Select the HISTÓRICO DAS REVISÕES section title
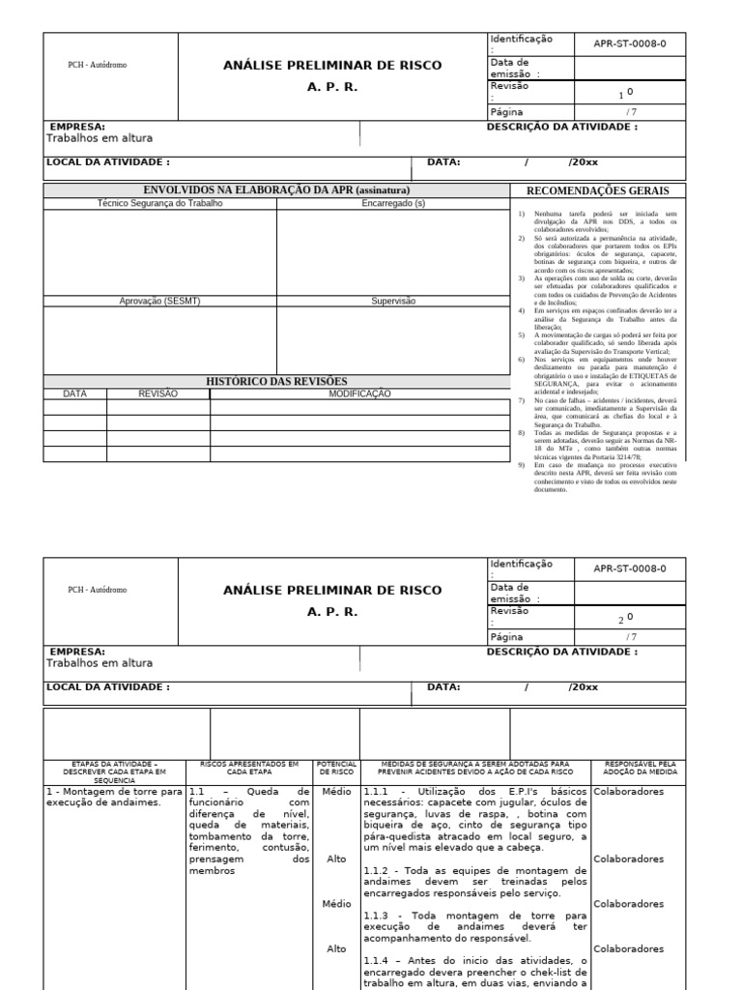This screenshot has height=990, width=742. (276, 382)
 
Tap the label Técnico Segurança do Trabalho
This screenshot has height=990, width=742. (159, 204)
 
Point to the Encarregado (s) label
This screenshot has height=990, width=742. (392, 204)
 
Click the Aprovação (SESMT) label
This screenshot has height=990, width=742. (159, 301)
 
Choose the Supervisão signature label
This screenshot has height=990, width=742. (392, 301)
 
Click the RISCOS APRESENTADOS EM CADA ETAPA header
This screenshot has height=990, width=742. (249, 768)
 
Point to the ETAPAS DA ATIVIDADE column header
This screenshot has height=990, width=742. (114, 771)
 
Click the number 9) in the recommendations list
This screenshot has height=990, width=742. (522, 465)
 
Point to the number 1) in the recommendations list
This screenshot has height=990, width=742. (522, 212)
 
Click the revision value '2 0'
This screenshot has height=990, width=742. (626, 619)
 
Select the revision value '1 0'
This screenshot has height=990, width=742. (626, 94)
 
